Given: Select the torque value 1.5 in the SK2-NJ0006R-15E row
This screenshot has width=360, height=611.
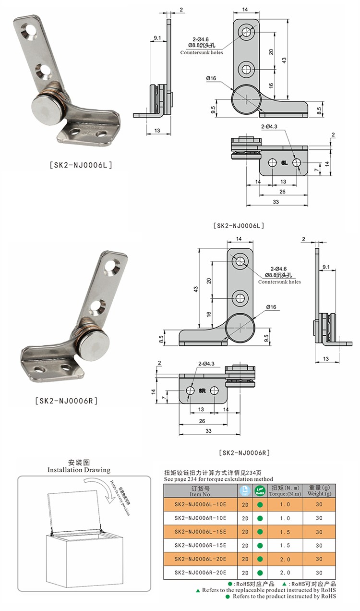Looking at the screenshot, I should (285, 546).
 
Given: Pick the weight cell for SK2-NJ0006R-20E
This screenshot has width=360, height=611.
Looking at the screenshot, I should (319, 573).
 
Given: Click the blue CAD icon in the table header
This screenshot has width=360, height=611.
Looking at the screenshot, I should (245, 491).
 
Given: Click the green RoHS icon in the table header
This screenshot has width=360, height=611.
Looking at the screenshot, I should (260, 491).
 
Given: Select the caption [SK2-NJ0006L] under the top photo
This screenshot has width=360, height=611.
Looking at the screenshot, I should (81, 165).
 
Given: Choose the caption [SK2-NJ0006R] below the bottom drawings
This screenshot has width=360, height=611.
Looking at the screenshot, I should (244, 452).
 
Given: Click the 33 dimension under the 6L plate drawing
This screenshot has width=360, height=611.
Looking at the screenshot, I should (276, 202).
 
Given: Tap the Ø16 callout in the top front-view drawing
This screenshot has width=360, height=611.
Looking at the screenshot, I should (211, 78).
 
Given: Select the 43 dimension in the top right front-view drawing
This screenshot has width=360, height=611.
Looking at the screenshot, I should (284, 61).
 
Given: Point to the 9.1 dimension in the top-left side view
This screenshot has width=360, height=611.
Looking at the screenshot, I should (157, 37).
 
